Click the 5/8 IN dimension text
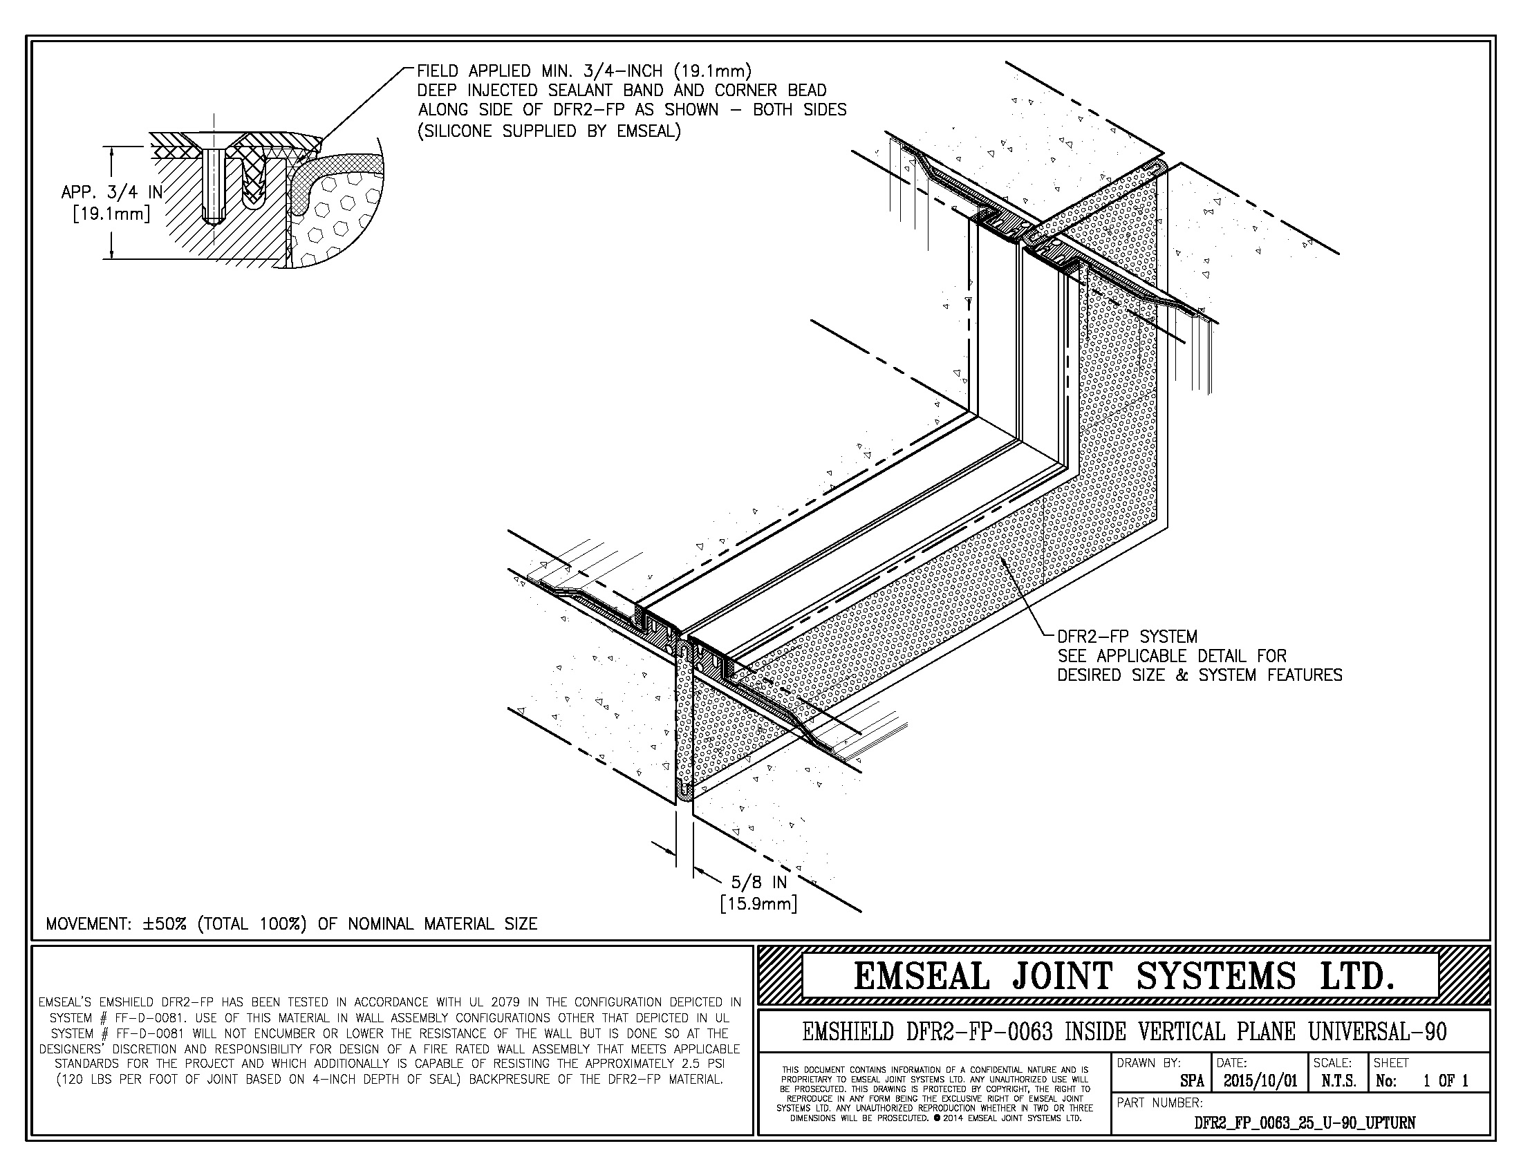[758, 883]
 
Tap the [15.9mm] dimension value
[758, 904]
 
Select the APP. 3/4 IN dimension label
[111, 193]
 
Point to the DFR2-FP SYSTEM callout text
[1127, 636]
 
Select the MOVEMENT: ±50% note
[291, 923]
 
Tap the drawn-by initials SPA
[1192, 1081]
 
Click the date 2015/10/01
[1260, 1081]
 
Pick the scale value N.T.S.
[1338, 1081]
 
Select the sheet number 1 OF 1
[1445, 1081]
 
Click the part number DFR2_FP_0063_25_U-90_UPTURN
[1305, 1122]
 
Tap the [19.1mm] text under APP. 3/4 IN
[111, 214]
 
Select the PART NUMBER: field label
[1159, 1102]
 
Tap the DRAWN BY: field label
[1149, 1063]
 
